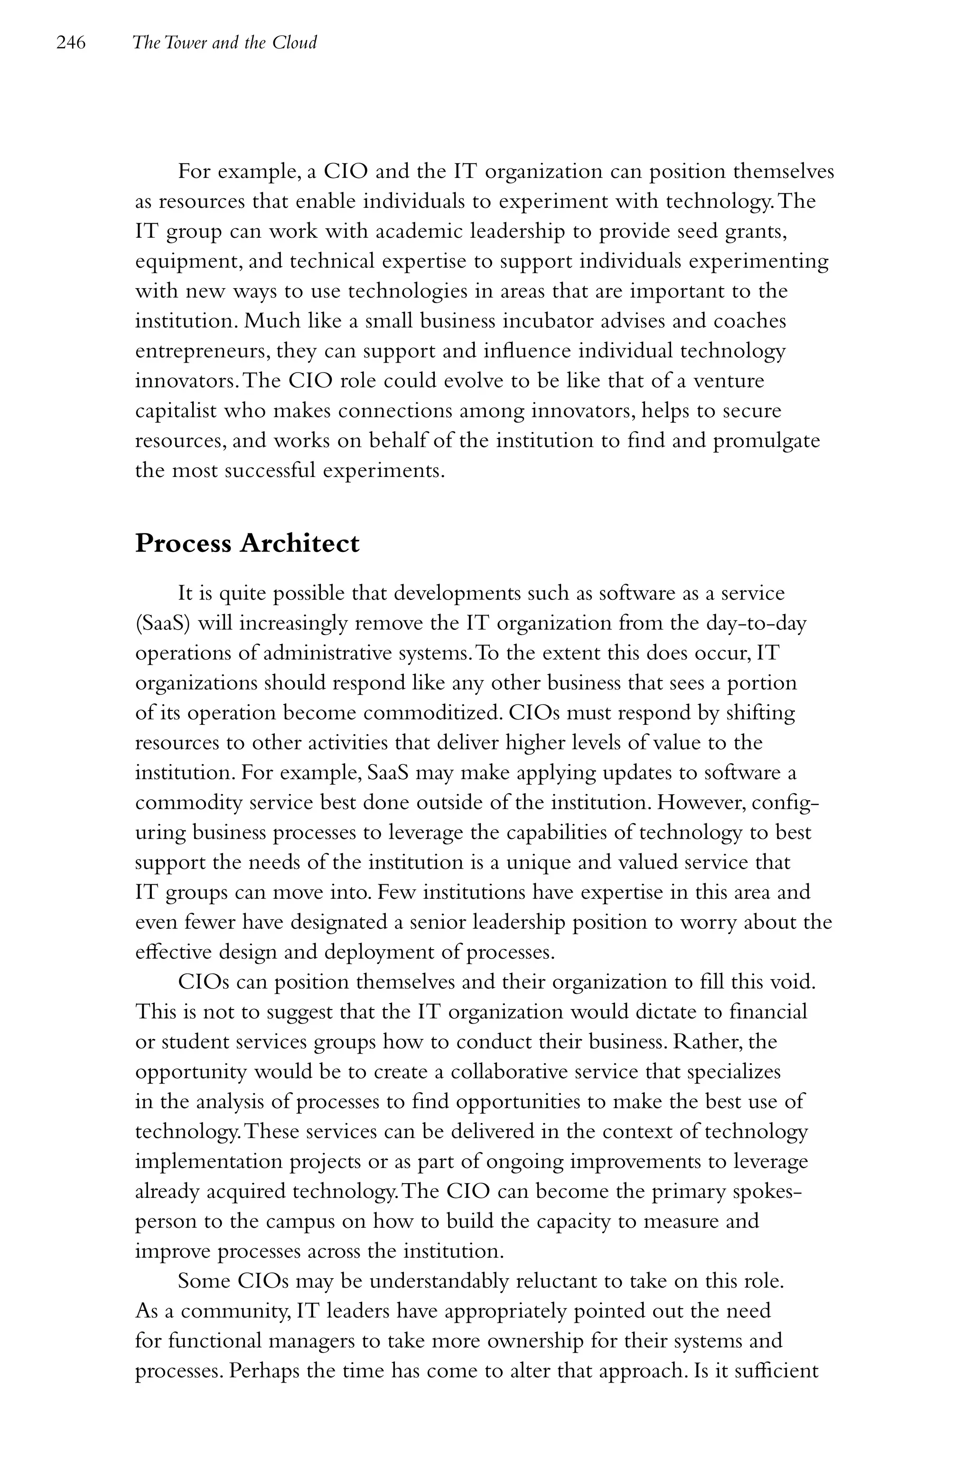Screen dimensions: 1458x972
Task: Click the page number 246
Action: (x=71, y=43)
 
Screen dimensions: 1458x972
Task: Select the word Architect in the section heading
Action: (x=299, y=543)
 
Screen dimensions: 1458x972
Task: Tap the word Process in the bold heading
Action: (x=184, y=543)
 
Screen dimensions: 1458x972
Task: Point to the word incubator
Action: (x=571, y=321)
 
